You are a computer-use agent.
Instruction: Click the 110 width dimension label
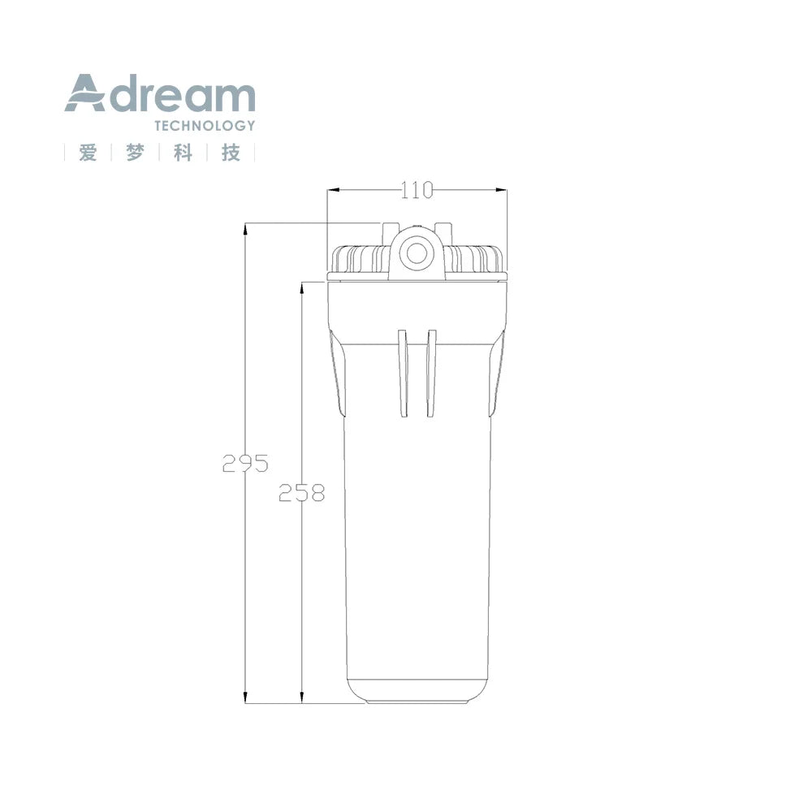pyautogui.click(x=417, y=190)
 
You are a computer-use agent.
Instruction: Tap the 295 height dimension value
pyautogui.click(x=245, y=463)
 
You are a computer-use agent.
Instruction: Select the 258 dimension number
pyautogui.click(x=301, y=493)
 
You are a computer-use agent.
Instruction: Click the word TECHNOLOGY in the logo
pyautogui.click(x=205, y=126)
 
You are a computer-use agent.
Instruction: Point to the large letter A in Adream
pyautogui.click(x=85, y=93)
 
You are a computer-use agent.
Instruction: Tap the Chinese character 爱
pyautogui.click(x=88, y=153)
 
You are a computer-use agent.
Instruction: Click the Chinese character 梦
pyautogui.click(x=135, y=153)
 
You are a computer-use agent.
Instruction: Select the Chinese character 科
pyautogui.click(x=184, y=153)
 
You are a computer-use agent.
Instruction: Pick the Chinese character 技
pyautogui.click(x=231, y=153)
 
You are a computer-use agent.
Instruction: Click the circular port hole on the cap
pyautogui.click(x=417, y=253)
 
